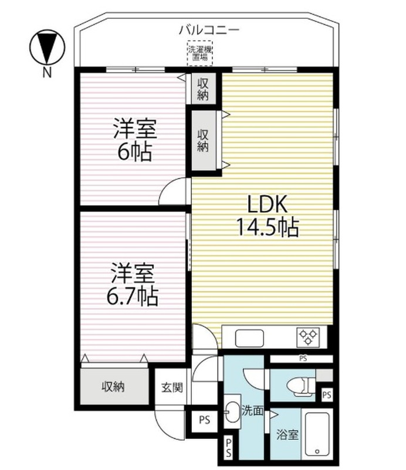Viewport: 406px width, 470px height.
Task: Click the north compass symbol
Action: click(x=47, y=47)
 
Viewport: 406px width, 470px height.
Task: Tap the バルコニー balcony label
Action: click(x=209, y=30)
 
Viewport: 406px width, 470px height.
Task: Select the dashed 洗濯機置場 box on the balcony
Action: click(x=199, y=53)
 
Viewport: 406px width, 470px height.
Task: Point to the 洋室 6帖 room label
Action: click(x=135, y=140)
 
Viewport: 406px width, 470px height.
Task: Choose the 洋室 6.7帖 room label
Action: click(x=133, y=284)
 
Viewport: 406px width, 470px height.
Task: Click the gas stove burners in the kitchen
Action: click(x=308, y=337)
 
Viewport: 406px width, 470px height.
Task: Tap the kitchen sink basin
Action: click(x=249, y=338)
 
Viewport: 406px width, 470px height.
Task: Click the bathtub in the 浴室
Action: click(x=317, y=435)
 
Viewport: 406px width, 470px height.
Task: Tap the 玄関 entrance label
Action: click(x=172, y=388)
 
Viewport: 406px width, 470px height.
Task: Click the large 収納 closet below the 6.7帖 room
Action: click(x=114, y=386)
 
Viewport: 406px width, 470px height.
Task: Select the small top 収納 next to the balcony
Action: click(x=204, y=89)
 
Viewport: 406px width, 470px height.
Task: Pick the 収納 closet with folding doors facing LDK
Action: click(x=204, y=140)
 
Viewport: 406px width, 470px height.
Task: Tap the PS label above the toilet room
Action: click(x=303, y=358)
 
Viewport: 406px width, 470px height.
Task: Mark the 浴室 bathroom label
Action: click(x=287, y=434)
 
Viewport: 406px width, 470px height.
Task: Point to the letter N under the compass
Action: click(x=47, y=73)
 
